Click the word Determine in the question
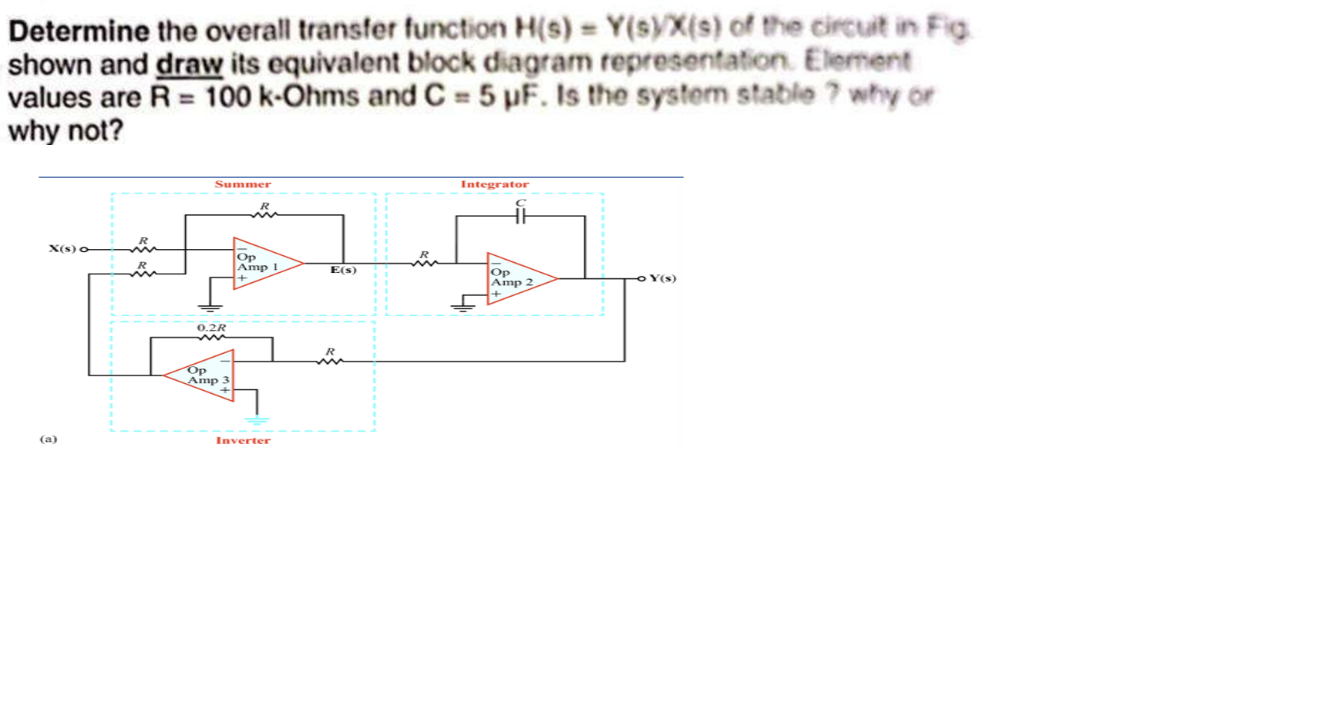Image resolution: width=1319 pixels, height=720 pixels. pyautogui.click(x=78, y=31)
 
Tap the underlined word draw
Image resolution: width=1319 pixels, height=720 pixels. pyautogui.click(x=189, y=65)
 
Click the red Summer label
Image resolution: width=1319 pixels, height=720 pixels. pyautogui.click(x=243, y=184)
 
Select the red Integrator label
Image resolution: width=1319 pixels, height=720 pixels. pyautogui.click(x=494, y=184)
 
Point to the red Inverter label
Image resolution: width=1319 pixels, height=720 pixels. pyautogui.click(x=243, y=441)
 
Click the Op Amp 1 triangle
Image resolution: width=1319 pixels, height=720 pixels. pyautogui.click(x=263, y=264)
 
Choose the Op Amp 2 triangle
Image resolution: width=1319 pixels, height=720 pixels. pyautogui.click(x=516, y=279)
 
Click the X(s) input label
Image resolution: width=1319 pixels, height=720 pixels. pyautogui.click(x=62, y=248)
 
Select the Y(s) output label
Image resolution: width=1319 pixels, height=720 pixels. pyautogui.click(x=662, y=278)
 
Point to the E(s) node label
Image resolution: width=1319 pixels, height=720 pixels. pyautogui.click(x=343, y=270)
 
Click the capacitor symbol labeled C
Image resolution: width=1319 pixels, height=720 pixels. pyautogui.click(x=520, y=217)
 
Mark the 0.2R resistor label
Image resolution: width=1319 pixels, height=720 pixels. pyautogui.click(x=211, y=328)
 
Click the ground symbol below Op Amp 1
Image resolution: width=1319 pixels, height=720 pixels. pyautogui.click(x=210, y=308)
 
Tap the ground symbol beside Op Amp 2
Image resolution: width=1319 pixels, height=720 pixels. pyautogui.click(x=463, y=308)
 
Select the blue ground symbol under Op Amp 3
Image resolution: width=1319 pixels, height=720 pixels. pyautogui.click(x=257, y=420)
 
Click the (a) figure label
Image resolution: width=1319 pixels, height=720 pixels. pyautogui.click(x=49, y=439)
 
